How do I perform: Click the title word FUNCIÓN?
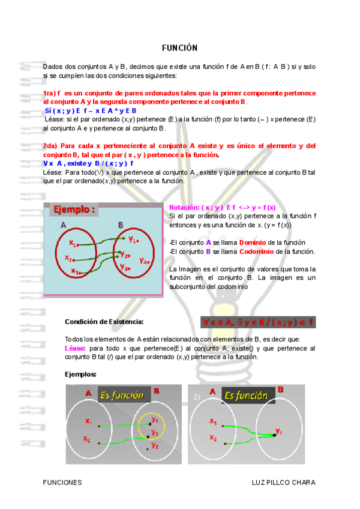(x=179, y=48)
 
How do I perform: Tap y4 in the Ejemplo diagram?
(x=144, y=261)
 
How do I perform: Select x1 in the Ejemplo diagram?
(x=73, y=244)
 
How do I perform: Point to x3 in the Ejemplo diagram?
(x=76, y=271)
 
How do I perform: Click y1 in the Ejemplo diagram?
(x=133, y=239)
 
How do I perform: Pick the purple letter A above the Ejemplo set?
(x=63, y=225)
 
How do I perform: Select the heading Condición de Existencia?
(x=104, y=322)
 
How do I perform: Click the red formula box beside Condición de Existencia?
(x=259, y=322)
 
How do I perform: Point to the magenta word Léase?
(x=75, y=348)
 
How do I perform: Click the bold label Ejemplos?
(x=80, y=374)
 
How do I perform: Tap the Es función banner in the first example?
(x=122, y=395)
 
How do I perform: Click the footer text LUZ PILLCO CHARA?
(x=284, y=483)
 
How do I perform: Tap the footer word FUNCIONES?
(x=62, y=483)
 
